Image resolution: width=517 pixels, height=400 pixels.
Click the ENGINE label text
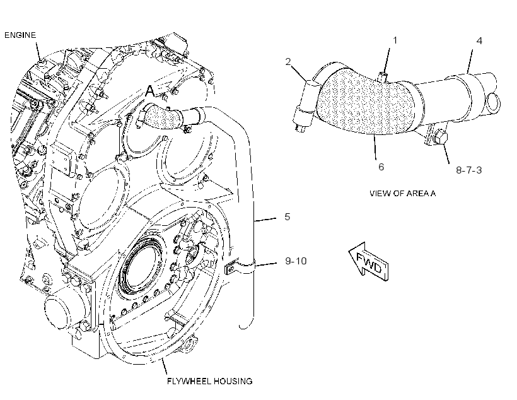(x=20, y=35)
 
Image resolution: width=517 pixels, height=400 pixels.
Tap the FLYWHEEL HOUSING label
(x=210, y=381)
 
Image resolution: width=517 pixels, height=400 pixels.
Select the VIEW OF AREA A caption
(x=403, y=194)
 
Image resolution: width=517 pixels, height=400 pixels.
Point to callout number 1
(x=395, y=40)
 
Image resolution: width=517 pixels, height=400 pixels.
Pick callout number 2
(x=288, y=62)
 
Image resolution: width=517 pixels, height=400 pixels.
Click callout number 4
(x=479, y=41)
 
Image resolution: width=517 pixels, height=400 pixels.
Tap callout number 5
(x=288, y=217)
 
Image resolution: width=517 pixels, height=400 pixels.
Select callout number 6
(x=381, y=167)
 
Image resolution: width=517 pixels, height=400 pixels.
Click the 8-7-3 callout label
(x=469, y=170)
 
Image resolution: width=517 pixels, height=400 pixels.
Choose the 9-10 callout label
(x=296, y=261)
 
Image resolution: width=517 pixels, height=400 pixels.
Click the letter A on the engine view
(x=150, y=91)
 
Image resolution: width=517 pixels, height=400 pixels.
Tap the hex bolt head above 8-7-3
(x=441, y=137)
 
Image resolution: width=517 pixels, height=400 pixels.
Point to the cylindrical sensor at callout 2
(x=306, y=105)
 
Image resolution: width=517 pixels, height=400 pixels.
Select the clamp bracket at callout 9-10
(x=240, y=266)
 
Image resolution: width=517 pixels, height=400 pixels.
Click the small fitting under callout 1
(x=383, y=76)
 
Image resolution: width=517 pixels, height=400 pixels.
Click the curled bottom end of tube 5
(x=247, y=324)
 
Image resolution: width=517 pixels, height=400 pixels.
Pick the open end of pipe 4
(x=493, y=102)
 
